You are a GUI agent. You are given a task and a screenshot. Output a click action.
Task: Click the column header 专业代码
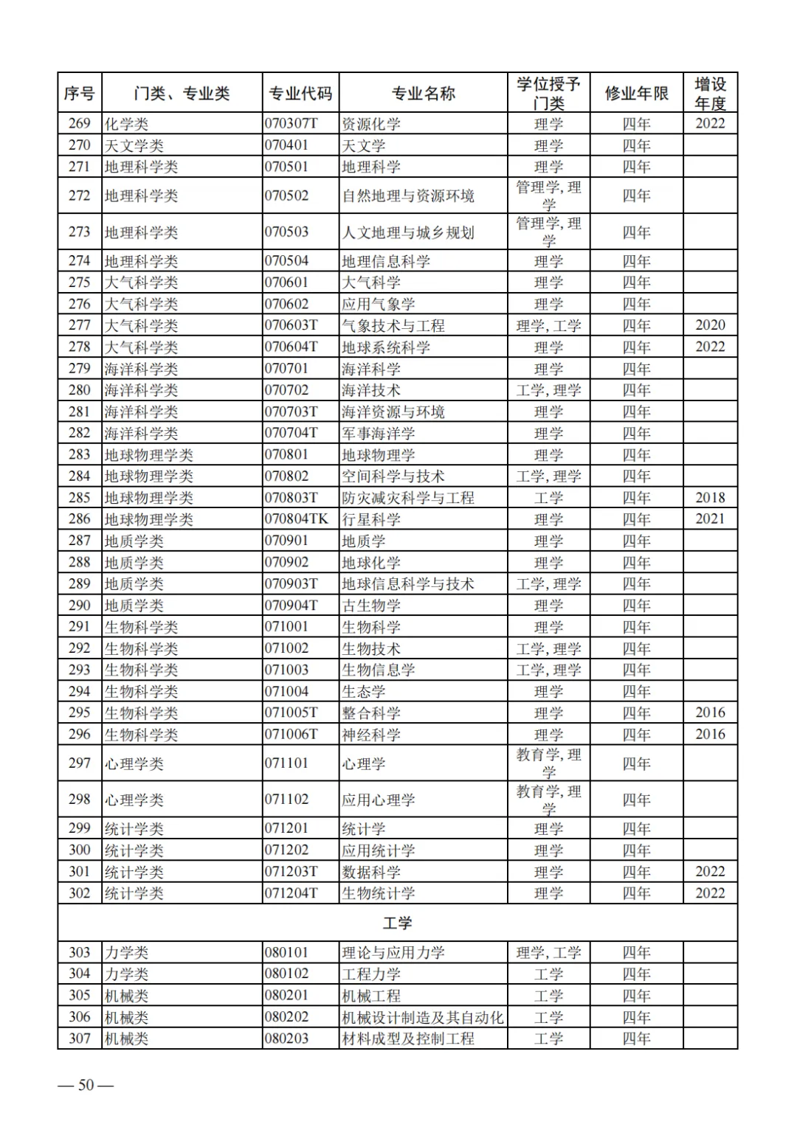300,94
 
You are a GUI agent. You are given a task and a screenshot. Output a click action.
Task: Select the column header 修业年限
636,94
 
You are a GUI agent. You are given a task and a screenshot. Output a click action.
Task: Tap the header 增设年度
710,94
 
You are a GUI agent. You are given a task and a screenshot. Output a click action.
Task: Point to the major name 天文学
363,146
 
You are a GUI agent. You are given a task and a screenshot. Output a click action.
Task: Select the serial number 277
80,325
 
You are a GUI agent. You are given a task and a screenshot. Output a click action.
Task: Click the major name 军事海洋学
378,434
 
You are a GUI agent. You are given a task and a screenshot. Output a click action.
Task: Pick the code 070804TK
296,519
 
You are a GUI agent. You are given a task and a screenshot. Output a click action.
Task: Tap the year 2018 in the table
710,498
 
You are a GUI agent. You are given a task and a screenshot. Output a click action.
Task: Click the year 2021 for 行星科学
710,519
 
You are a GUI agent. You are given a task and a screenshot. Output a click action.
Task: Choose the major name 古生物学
370,606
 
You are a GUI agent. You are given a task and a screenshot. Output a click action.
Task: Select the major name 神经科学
370,735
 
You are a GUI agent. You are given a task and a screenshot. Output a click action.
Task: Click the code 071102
286,800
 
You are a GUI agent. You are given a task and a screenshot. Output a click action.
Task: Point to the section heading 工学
398,923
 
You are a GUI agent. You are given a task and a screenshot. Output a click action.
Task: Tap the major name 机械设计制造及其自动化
422,1018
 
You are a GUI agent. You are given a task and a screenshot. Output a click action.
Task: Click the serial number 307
80,1039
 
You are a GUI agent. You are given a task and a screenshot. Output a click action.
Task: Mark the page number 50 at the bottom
86,1086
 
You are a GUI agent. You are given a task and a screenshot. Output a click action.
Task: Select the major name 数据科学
370,872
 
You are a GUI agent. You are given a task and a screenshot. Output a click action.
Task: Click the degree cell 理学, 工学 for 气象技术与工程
548,325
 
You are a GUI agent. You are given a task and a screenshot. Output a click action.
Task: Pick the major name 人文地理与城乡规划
407,232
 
